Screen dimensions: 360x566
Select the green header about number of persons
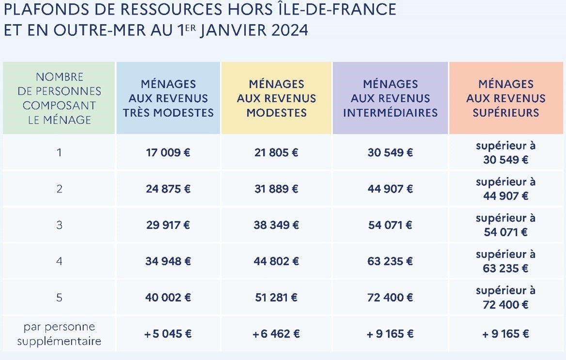pos(59,98)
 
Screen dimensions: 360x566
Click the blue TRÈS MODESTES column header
pos(168,98)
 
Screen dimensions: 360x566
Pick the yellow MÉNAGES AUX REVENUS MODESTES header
pos(276,98)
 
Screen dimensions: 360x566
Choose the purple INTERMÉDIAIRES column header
pos(390,98)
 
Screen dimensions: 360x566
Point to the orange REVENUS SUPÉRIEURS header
pos(505,98)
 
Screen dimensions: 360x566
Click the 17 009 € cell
pos(168,153)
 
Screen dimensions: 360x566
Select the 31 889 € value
pos(276,189)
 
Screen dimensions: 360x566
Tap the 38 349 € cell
pos(276,225)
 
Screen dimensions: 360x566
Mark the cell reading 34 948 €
pos(168,262)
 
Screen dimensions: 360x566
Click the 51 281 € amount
pos(276,297)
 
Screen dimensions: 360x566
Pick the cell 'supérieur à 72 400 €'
pos(505,297)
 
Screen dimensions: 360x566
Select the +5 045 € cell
pos(168,334)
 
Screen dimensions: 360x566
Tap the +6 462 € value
pos(276,334)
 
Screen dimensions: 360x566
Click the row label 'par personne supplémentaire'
pos(59,334)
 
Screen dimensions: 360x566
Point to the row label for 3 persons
pos(59,225)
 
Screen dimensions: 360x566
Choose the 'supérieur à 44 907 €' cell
pos(505,189)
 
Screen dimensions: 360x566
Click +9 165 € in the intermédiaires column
pos(390,334)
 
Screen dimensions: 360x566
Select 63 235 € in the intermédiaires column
pos(390,262)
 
